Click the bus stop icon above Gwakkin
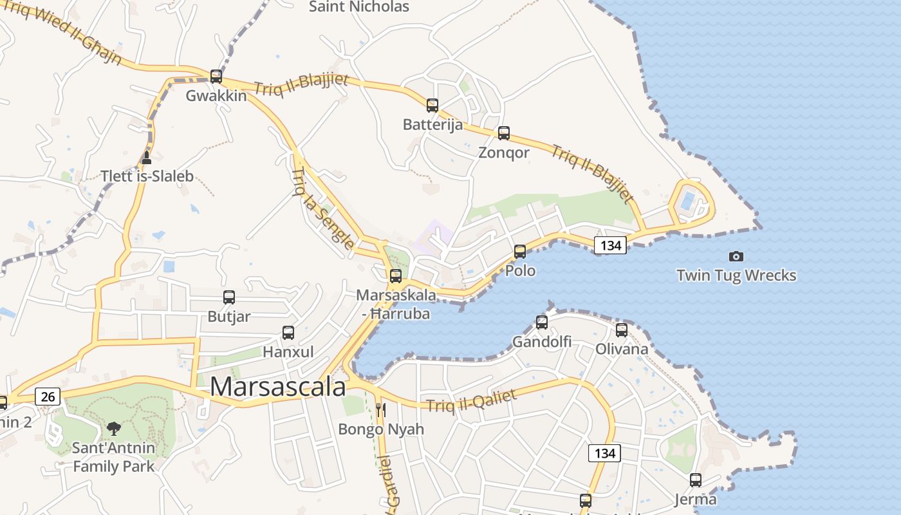coord(216,76)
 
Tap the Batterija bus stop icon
coord(432,105)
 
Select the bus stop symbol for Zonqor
coord(504,133)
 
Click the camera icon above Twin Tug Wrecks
coord(736,256)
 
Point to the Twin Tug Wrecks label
coord(736,276)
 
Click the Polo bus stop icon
coord(520,251)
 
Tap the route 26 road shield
coord(48,397)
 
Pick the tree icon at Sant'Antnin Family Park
coord(114,428)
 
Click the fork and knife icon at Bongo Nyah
coord(381,409)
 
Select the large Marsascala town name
coord(278,387)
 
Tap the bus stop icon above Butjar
coord(229,297)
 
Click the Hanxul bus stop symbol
coord(288,332)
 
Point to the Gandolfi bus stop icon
coord(542,322)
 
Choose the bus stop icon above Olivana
coord(622,330)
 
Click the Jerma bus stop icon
coord(696,480)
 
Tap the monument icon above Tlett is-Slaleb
coord(147,157)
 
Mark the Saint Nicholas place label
coord(359,7)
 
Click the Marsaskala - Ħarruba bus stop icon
coord(396,276)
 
